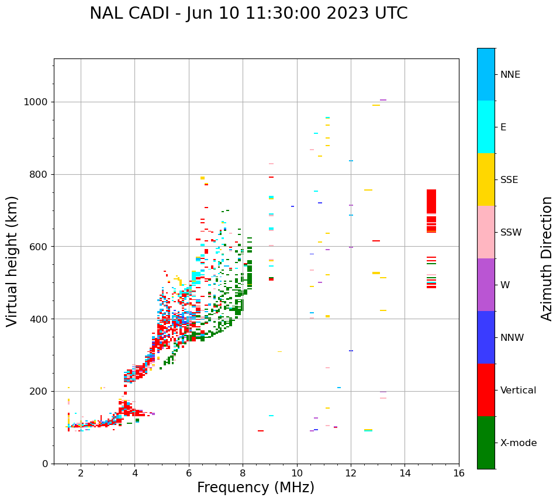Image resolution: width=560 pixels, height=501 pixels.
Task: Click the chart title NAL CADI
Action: coord(248,13)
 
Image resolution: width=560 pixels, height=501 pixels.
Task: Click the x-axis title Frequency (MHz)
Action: coord(255,488)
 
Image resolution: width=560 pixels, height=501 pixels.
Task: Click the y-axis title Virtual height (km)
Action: coord(12,261)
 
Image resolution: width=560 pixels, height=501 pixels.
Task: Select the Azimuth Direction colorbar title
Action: coord(547,258)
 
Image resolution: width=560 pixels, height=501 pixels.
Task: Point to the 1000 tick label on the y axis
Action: coord(36,102)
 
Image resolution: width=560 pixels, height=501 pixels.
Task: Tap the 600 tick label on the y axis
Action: coord(39,247)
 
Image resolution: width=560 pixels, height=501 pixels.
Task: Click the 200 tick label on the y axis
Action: coord(39,391)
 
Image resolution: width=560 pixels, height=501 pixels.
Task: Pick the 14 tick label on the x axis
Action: coord(405,474)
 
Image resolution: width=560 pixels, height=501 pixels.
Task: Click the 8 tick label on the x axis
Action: coord(243,474)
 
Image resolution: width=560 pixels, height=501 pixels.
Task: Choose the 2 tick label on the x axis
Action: coord(81,474)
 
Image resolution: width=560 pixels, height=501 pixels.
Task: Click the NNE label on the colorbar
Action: coord(510,75)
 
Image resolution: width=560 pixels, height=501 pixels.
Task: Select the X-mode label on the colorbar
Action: coord(518,443)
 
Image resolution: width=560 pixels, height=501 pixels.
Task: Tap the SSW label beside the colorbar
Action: coord(511,233)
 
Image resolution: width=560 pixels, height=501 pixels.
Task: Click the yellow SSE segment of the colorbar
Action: coord(486,179)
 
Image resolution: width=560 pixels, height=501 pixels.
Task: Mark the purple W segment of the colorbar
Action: coord(486,285)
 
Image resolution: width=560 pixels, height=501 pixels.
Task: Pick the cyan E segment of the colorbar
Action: coord(486,127)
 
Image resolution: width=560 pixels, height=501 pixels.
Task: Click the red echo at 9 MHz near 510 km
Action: coord(271,279)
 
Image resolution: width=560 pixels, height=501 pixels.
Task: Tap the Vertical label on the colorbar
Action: coord(518,391)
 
